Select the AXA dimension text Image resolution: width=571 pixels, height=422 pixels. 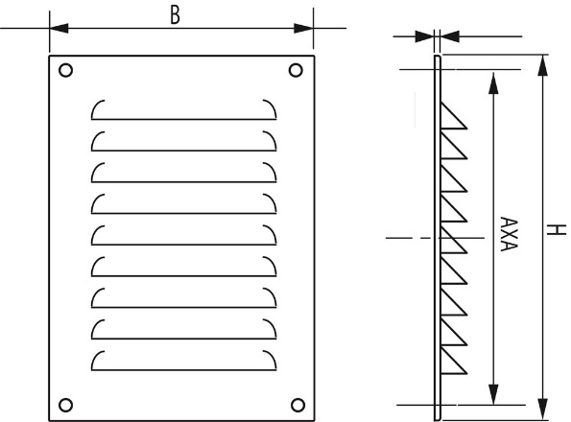pyautogui.click(x=509, y=233)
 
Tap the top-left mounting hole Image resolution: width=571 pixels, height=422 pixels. pyautogui.click(x=65, y=70)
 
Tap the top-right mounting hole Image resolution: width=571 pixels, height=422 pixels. pyautogui.click(x=296, y=70)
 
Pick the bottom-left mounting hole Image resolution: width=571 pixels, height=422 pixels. pyautogui.click(x=65, y=404)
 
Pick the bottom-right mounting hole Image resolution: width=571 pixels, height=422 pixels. pyautogui.click(x=296, y=404)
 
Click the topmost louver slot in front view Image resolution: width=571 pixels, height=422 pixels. pyautogui.click(x=181, y=109)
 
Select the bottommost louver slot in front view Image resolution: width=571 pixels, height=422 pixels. pyautogui.click(x=181, y=363)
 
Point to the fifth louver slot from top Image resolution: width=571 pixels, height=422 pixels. pyautogui.click(x=181, y=236)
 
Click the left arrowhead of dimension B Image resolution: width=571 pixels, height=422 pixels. pyautogui.click(x=55, y=29)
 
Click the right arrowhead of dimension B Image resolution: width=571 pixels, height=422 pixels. pyautogui.click(x=308, y=29)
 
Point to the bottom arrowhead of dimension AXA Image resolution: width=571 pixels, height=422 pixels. pyautogui.click(x=494, y=397)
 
